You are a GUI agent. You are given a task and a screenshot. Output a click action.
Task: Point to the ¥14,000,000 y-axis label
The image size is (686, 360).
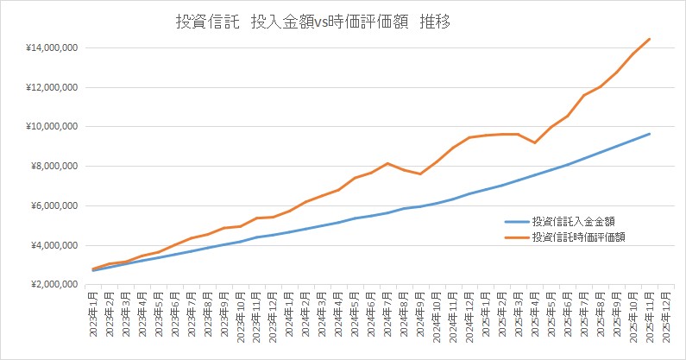click(x=52, y=47)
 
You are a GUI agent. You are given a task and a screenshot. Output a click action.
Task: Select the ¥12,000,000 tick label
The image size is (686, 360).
click(x=52, y=87)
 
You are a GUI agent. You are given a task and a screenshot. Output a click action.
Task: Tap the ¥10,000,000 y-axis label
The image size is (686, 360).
click(x=52, y=127)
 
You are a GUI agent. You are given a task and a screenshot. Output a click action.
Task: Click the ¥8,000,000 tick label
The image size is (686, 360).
click(x=54, y=167)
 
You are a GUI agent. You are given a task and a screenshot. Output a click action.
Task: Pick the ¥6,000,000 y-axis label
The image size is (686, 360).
click(x=54, y=206)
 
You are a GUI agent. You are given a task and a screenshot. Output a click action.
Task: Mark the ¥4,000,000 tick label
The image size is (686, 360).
click(x=54, y=246)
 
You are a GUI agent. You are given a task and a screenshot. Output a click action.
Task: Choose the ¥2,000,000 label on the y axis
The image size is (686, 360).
click(x=54, y=285)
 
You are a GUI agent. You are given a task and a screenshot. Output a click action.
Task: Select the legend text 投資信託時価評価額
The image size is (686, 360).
click(x=577, y=236)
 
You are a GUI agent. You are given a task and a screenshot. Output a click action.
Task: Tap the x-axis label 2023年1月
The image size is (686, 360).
click(x=94, y=314)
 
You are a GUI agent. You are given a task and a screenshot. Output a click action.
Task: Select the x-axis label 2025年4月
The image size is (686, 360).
click(x=536, y=314)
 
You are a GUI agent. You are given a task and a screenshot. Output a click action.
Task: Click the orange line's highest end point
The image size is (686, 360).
click(x=650, y=39)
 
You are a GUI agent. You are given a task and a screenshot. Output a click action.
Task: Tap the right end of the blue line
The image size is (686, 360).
click(x=650, y=134)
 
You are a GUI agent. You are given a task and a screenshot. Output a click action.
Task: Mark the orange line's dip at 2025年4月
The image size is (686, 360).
click(x=535, y=142)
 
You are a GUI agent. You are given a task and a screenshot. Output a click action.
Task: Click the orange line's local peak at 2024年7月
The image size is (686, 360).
click(x=388, y=163)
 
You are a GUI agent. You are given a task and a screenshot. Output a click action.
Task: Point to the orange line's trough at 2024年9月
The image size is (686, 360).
click(x=420, y=174)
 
